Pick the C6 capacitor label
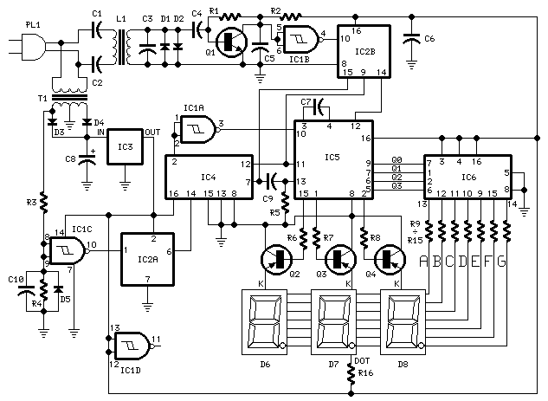point(429,39)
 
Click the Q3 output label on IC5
point(396,186)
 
